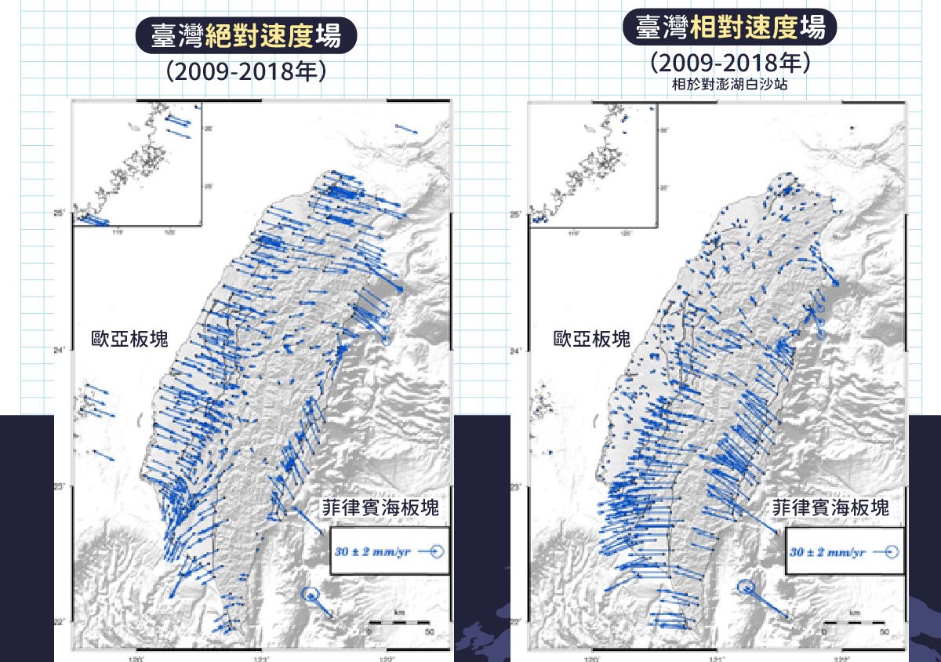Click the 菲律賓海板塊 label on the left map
[x=380, y=507]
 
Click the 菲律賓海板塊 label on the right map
[x=832, y=507]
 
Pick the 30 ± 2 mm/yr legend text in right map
[x=824, y=552]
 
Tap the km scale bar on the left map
[x=400, y=622]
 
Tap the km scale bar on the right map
[x=854, y=622]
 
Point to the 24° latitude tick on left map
[x=66, y=351]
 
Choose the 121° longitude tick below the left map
[x=260, y=657]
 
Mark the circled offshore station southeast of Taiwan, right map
[x=747, y=586]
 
